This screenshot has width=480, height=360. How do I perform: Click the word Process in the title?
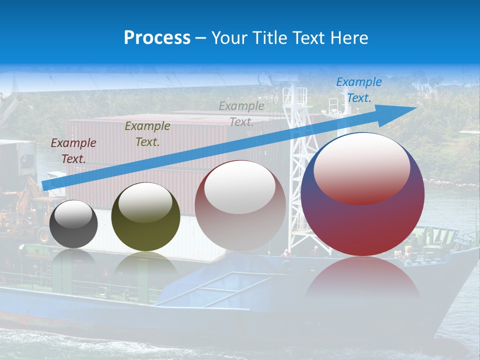click(x=157, y=38)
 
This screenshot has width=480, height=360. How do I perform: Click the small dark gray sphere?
click(x=74, y=224)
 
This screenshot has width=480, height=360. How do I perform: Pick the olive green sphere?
click(x=145, y=216)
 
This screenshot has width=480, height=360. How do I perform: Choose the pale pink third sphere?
click(x=240, y=205)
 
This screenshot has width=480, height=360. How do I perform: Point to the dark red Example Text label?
click(x=73, y=151)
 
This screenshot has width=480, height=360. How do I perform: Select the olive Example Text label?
click(x=147, y=134)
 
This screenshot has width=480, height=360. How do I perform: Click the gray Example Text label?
click(x=241, y=113)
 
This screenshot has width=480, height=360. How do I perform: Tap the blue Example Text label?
click(x=358, y=90)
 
